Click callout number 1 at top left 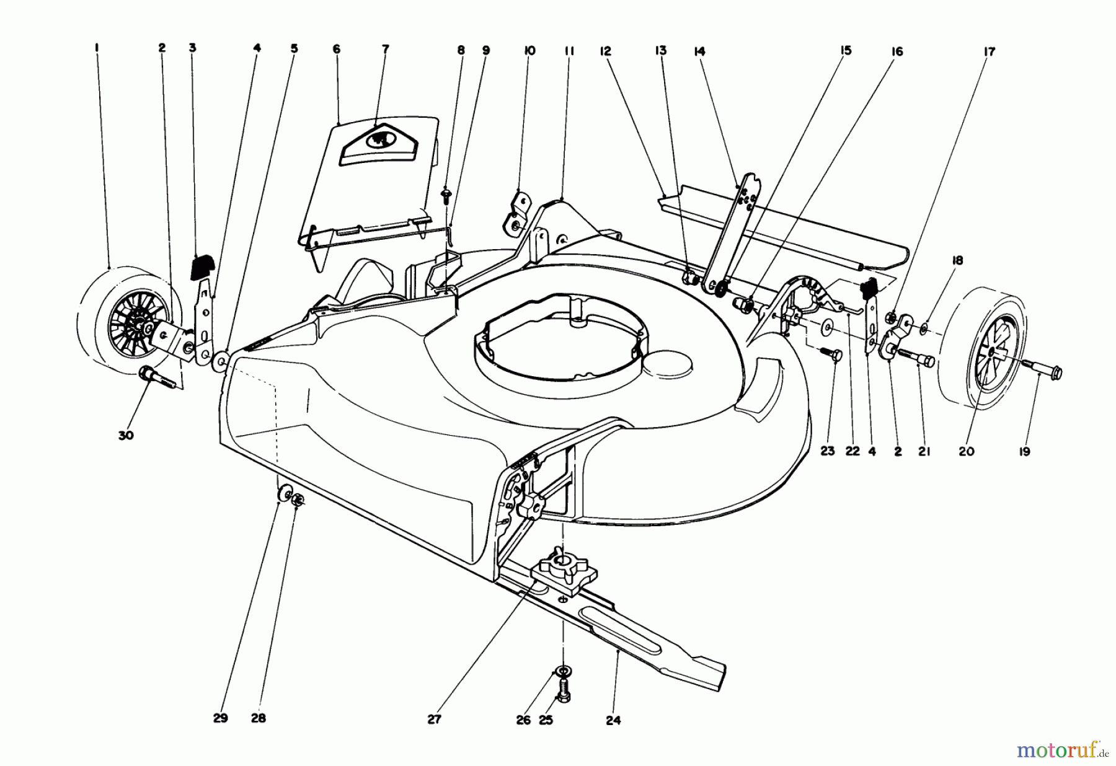pyautogui.click(x=97, y=47)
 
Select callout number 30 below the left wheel pyautogui.click(x=126, y=436)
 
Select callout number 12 pyautogui.click(x=606, y=51)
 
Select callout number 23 pyautogui.click(x=828, y=451)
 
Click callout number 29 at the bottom pyautogui.click(x=221, y=719)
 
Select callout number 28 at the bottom pyautogui.click(x=259, y=719)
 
